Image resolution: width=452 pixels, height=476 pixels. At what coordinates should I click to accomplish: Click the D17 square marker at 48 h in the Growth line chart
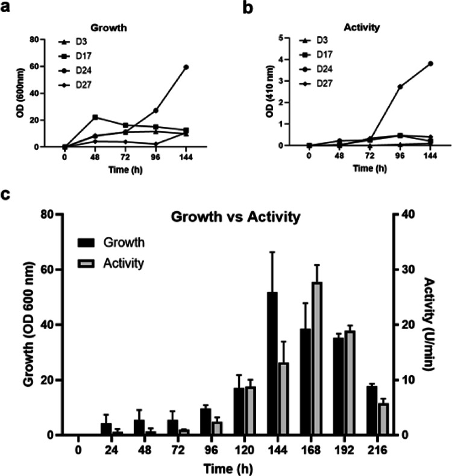95,117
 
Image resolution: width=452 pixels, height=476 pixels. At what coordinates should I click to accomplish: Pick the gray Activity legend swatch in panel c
88,262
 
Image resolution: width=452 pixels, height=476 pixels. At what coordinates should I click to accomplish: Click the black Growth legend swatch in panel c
88,243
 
